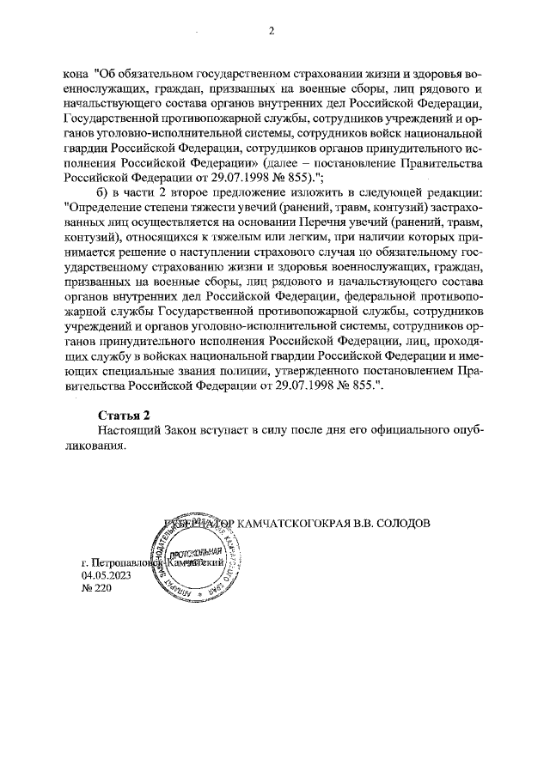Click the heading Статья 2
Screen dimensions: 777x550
click(x=124, y=415)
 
